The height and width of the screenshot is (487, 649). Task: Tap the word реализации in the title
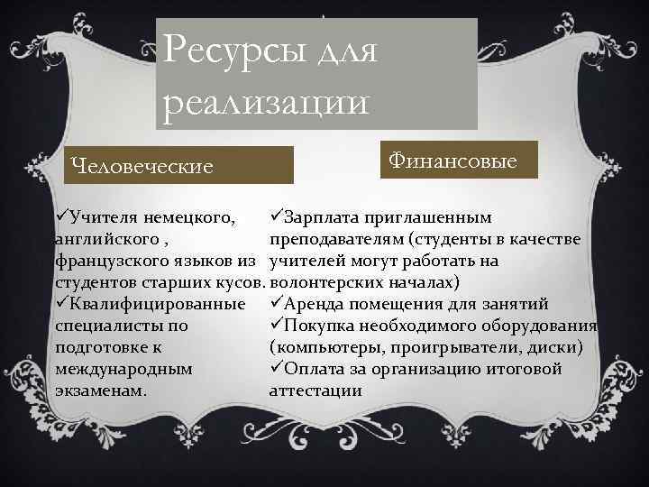pos(265,100)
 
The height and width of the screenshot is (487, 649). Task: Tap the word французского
pos(118,262)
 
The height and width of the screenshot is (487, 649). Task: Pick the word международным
pos(123,369)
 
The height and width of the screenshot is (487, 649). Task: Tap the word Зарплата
pos(324,218)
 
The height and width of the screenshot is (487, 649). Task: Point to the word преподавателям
pos(336,240)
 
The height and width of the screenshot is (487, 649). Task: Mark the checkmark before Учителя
pos(61,218)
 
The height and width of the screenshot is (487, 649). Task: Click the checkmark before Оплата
pos(276,369)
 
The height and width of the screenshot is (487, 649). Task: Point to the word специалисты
pos(110,326)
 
